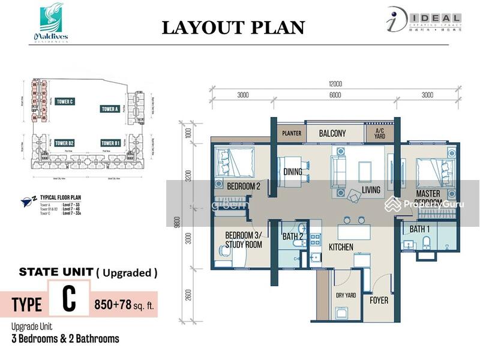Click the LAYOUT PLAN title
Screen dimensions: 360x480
tap(233, 28)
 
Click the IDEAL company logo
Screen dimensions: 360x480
tap(423, 22)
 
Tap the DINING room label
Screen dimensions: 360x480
tap(293, 172)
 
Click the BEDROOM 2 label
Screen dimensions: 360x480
tap(243, 187)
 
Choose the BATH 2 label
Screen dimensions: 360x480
tap(293, 236)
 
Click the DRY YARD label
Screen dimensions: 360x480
tap(346, 295)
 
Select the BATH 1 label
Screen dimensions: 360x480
tap(419, 229)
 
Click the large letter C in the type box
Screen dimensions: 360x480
tap(69, 301)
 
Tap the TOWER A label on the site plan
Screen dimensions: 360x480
tap(109, 109)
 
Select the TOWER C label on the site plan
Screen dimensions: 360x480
tap(64, 102)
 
